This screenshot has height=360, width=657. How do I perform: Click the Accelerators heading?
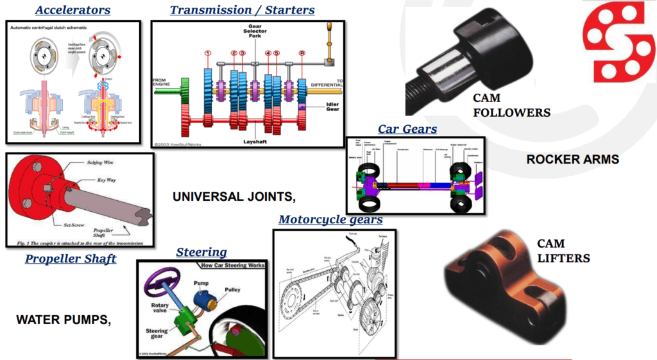(73, 10)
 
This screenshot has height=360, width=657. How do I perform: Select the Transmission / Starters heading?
(242, 10)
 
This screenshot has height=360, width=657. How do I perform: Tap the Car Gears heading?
(407, 129)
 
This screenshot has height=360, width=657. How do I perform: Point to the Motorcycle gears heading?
(330, 220)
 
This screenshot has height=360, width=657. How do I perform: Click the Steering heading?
(201, 252)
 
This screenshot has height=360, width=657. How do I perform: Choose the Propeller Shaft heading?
(71, 259)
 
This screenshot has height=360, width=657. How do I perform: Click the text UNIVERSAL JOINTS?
(234, 196)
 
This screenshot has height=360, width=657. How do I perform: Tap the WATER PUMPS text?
(64, 319)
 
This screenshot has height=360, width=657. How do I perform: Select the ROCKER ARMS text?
(573, 159)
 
